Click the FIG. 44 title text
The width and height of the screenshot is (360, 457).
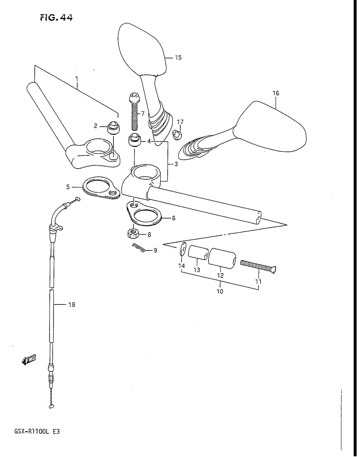pyautogui.click(x=56, y=17)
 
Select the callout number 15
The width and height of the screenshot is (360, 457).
pyautogui.click(x=178, y=57)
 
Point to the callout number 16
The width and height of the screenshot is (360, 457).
pyautogui.click(x=276, y=93)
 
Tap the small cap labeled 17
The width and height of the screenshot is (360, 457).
pyautogui.click(x=177, y=134)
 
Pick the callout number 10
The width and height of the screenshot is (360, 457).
pyautogui.click(x=220, y=291)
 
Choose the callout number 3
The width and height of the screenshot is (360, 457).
pyautogui.click(x=176, y=164)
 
